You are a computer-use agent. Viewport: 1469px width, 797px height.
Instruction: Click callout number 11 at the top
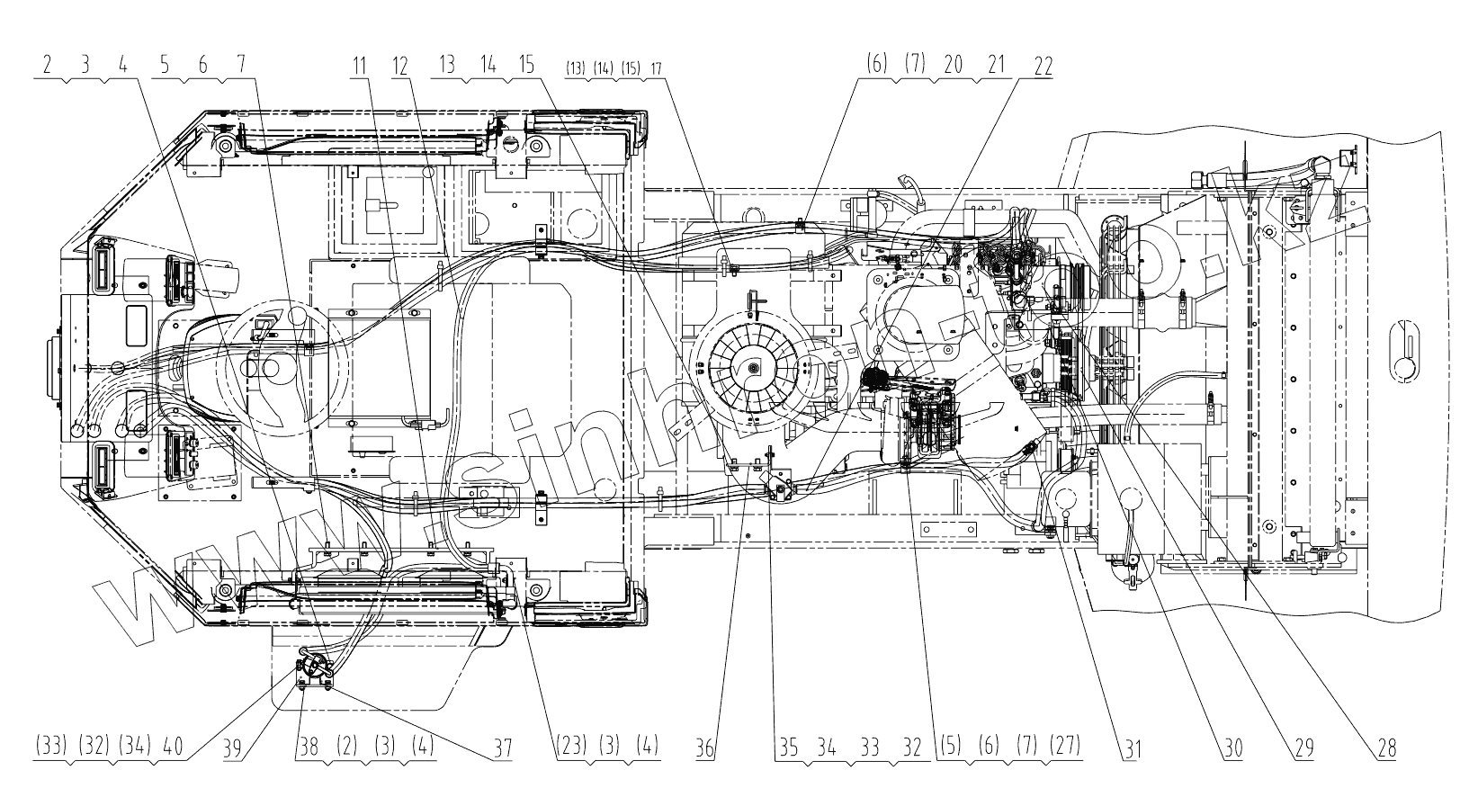[361, 66]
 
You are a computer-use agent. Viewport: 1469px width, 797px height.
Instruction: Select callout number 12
[399, 66]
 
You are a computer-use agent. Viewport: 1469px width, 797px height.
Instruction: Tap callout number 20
[954, 66]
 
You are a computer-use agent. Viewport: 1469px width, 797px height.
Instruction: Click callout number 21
[996, 66]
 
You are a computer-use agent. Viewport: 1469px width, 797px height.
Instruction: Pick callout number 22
[1042, 66]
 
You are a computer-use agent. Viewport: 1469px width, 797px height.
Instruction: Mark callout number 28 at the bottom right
[1385, 746]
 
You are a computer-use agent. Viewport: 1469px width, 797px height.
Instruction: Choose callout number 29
[1303, 746]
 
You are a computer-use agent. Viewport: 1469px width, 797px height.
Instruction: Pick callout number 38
[308, 746]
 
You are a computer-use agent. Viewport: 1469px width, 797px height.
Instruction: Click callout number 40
[174, 746]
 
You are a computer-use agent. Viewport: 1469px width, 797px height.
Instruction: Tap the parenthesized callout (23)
[573, 746]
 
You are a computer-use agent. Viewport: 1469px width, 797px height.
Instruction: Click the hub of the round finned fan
[749, 368]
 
